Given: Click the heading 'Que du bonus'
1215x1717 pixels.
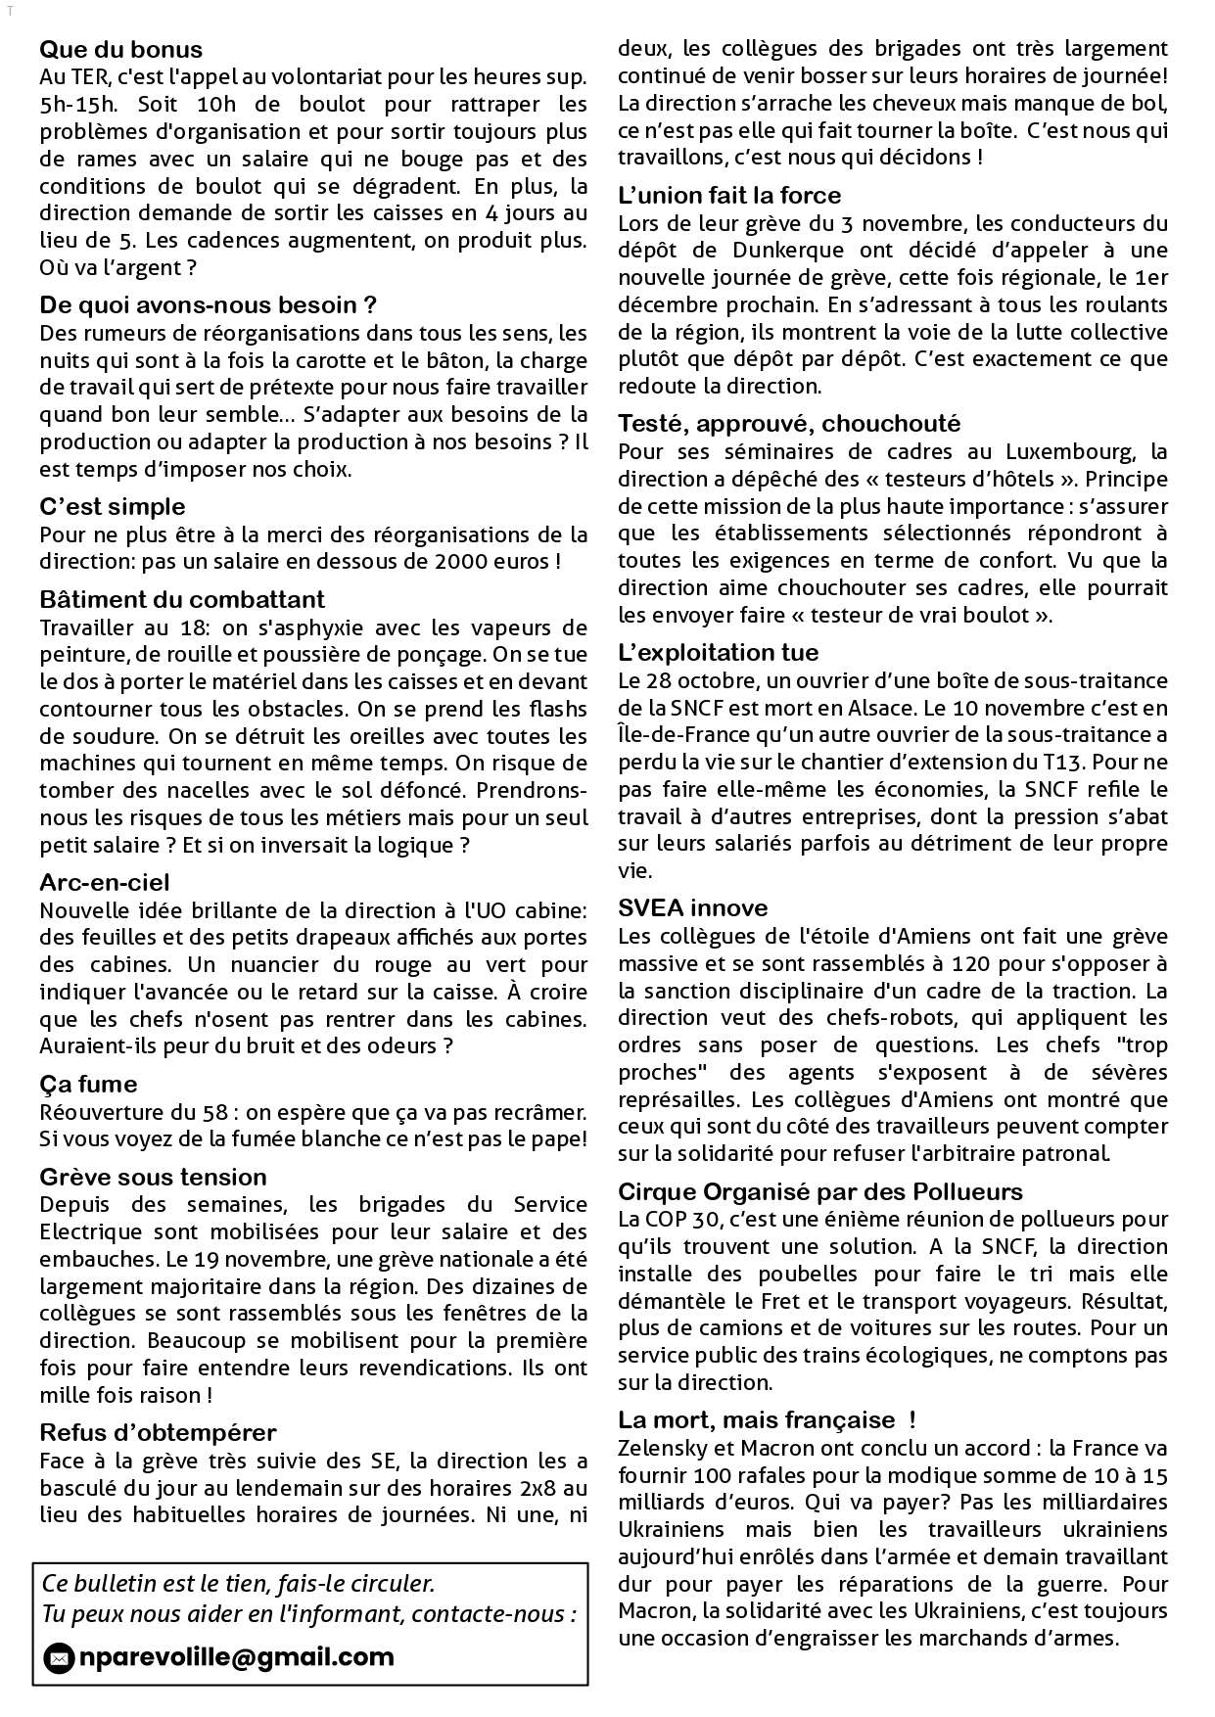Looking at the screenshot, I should point(120,50).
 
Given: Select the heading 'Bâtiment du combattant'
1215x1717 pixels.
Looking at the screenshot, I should point(182,599).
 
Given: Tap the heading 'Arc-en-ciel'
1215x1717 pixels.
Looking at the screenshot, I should point(104,882).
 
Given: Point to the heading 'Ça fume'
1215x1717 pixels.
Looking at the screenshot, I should point(88,1084).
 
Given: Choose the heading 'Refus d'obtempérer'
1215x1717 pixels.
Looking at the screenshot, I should point(158,1432).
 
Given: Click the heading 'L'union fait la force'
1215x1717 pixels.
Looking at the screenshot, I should point(729,195).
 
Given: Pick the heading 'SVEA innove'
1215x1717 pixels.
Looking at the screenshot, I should point(692,907).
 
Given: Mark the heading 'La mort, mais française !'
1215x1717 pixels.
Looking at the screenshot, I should point(767,1419).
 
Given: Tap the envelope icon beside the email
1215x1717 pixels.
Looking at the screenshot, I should point(60,1658).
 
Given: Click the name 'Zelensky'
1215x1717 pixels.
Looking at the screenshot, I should point(661,1448).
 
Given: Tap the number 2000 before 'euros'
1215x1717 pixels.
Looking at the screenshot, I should point(471,562).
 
